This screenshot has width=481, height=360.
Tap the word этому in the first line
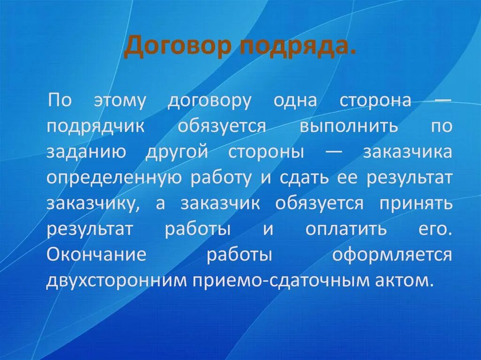(x=120, y=101)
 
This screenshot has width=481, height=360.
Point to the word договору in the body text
(x=210, y=101)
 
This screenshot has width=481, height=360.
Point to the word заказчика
(x=407, y=153)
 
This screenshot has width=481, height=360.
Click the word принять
(x=417, y=205)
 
